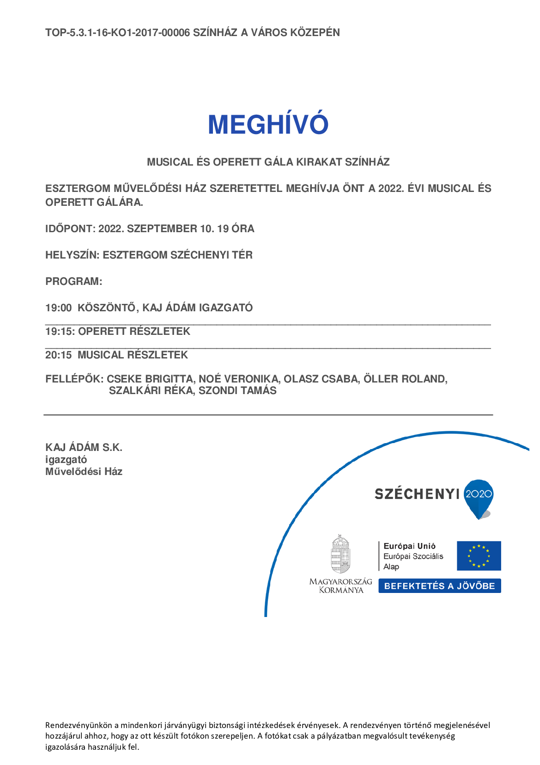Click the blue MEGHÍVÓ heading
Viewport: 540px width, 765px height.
[268, 124]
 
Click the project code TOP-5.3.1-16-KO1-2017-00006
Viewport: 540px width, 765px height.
[117, 33]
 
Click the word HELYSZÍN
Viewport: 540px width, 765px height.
[71, 255]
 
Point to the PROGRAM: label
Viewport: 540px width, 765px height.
[73, 282]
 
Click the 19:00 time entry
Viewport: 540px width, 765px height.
[58, 308]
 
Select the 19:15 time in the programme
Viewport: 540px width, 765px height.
[59, 332]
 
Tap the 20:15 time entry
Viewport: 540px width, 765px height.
[58, 355]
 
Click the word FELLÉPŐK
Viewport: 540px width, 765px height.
[74, 379]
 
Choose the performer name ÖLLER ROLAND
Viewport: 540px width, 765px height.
[405, 379]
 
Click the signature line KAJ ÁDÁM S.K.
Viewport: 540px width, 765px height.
[84, 448]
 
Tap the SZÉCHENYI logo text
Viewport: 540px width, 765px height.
[417, 494]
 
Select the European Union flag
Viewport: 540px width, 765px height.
[479, 556]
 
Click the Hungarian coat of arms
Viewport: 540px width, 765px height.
[340, 554]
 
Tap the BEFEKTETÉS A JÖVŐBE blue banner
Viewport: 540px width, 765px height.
[439, 586]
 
